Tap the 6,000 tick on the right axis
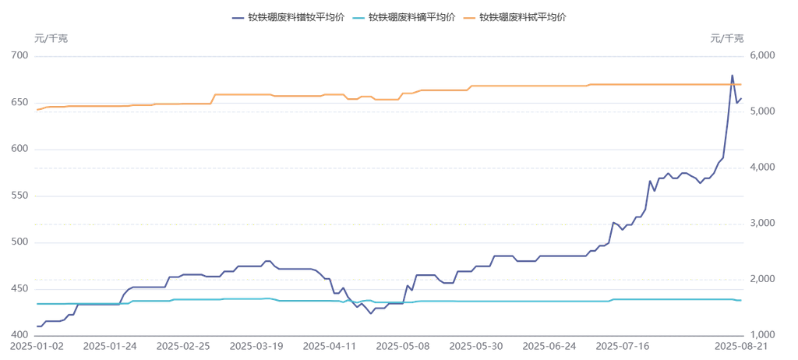[x=760, y=55]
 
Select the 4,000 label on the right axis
[x=760, y=167]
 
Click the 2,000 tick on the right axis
[x=760, y=279]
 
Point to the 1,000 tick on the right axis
[x=760, y=334]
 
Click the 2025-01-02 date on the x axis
[x=37, y=344]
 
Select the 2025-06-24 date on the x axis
[x=551, y=344]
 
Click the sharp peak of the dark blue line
[x=732, y=76]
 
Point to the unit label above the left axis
[x=51, y=37]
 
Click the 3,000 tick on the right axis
[x=760, y=223]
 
